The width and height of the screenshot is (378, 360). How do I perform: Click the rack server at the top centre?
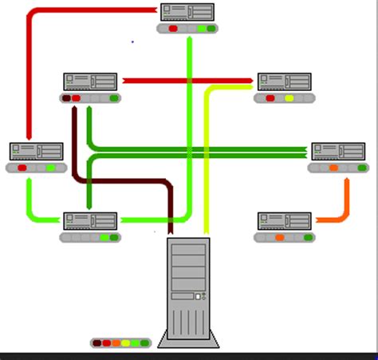pos(187,12)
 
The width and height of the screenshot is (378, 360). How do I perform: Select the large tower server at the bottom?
pos(189,291)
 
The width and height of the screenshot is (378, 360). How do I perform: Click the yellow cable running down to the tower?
pos(207,160)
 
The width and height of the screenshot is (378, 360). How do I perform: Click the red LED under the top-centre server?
pos(173,29)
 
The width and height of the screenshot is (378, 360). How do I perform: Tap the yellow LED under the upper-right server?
pos(289,98)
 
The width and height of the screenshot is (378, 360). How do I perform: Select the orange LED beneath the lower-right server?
pos(279,237)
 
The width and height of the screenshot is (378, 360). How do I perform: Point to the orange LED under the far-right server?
pos(333,168)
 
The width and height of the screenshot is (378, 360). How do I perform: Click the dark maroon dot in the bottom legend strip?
pos(97,343)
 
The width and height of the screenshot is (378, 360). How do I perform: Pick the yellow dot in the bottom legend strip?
pos(126,343)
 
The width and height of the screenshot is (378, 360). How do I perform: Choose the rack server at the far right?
pos(337,151)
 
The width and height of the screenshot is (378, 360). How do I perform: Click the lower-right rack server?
pos(284,220)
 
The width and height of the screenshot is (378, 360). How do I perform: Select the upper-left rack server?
pos(90,81)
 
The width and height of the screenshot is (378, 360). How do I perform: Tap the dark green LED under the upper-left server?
pos(114,98)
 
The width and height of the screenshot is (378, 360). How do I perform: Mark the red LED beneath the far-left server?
pos(22,168)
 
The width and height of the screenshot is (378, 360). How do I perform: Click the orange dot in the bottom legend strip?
pos(116,343)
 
